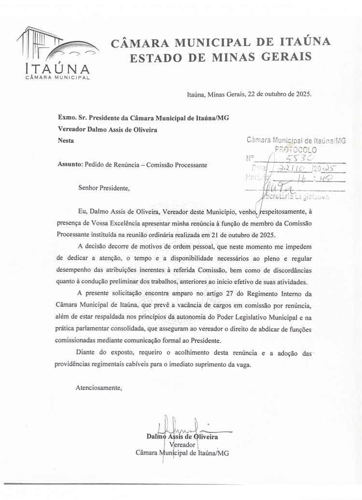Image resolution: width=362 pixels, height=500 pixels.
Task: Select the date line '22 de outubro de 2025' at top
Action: tap(279, 94)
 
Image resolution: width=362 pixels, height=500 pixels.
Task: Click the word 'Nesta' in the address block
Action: tap(66, 141)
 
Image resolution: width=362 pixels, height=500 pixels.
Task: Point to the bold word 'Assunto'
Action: tap(70, 165)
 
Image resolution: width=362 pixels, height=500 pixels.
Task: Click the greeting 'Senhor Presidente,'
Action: tap(104, 188)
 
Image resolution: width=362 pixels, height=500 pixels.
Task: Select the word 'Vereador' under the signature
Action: tap(182, 444)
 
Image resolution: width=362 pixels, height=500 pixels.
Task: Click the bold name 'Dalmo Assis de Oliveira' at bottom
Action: tap(182, 436)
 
